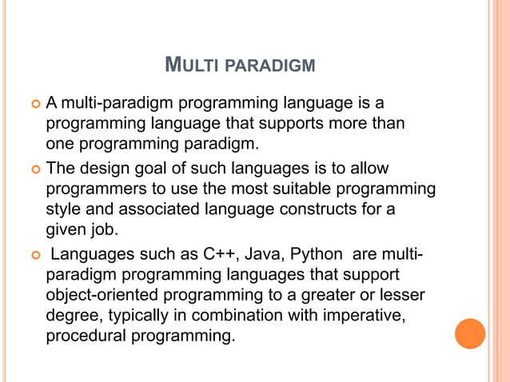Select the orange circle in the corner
click(470, 333)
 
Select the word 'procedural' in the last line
click(83, 335)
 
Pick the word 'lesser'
click(401, 296)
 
